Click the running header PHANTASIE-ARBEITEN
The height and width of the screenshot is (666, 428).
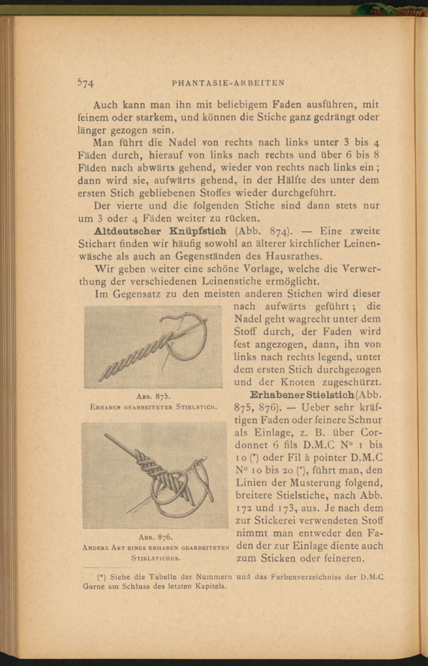pos(229,83)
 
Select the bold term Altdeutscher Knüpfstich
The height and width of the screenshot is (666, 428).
pos(160,231)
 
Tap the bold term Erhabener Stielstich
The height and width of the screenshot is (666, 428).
pos(302,395)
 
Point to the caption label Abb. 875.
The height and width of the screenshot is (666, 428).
pos(153,396)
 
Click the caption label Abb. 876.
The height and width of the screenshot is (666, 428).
pos(156,537)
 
